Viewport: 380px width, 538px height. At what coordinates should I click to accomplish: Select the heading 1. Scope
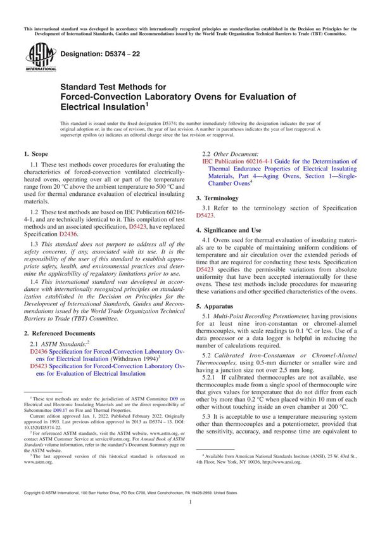tap(38, 154)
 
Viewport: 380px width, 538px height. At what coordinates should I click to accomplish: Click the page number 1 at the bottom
tap(190, 519)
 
